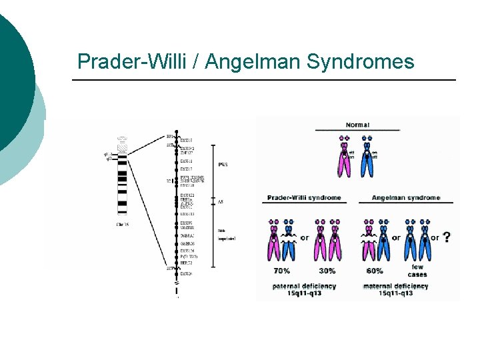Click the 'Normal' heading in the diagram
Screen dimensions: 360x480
[x=357, y=125]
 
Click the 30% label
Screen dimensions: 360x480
[x=327, y=271]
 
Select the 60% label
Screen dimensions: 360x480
[x=375, y=271]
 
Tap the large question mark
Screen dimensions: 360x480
[x=446, y=237]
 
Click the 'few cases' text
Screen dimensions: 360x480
[x=417, y=271]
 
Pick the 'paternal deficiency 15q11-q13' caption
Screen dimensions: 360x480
[x=304, y=289]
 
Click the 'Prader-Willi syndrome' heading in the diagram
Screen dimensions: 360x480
[x=304, y=198]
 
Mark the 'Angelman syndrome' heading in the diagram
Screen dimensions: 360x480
[x=405, y=198]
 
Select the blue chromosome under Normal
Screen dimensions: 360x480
[x=366, y=160]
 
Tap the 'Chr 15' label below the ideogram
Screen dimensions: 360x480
[x=123, y=225]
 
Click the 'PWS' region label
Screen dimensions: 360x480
[x=222, y=164]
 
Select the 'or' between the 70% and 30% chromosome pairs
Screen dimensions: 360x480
[x=304, y=238]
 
